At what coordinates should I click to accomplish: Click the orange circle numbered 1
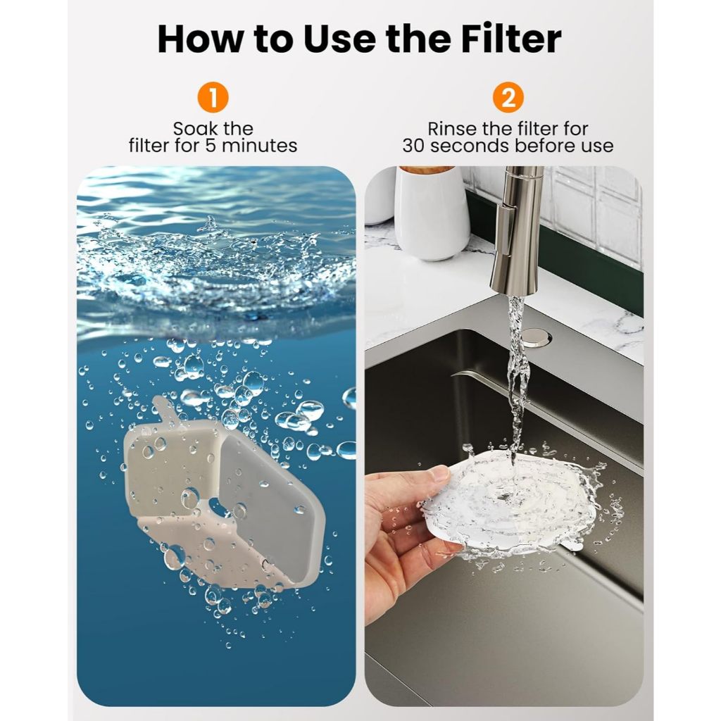(x=213, y=97)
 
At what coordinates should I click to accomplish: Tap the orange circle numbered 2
(x=508, y=97)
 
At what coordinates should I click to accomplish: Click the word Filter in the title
(x=511, y=39)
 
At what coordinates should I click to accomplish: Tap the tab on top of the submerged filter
(x=166, y=409)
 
